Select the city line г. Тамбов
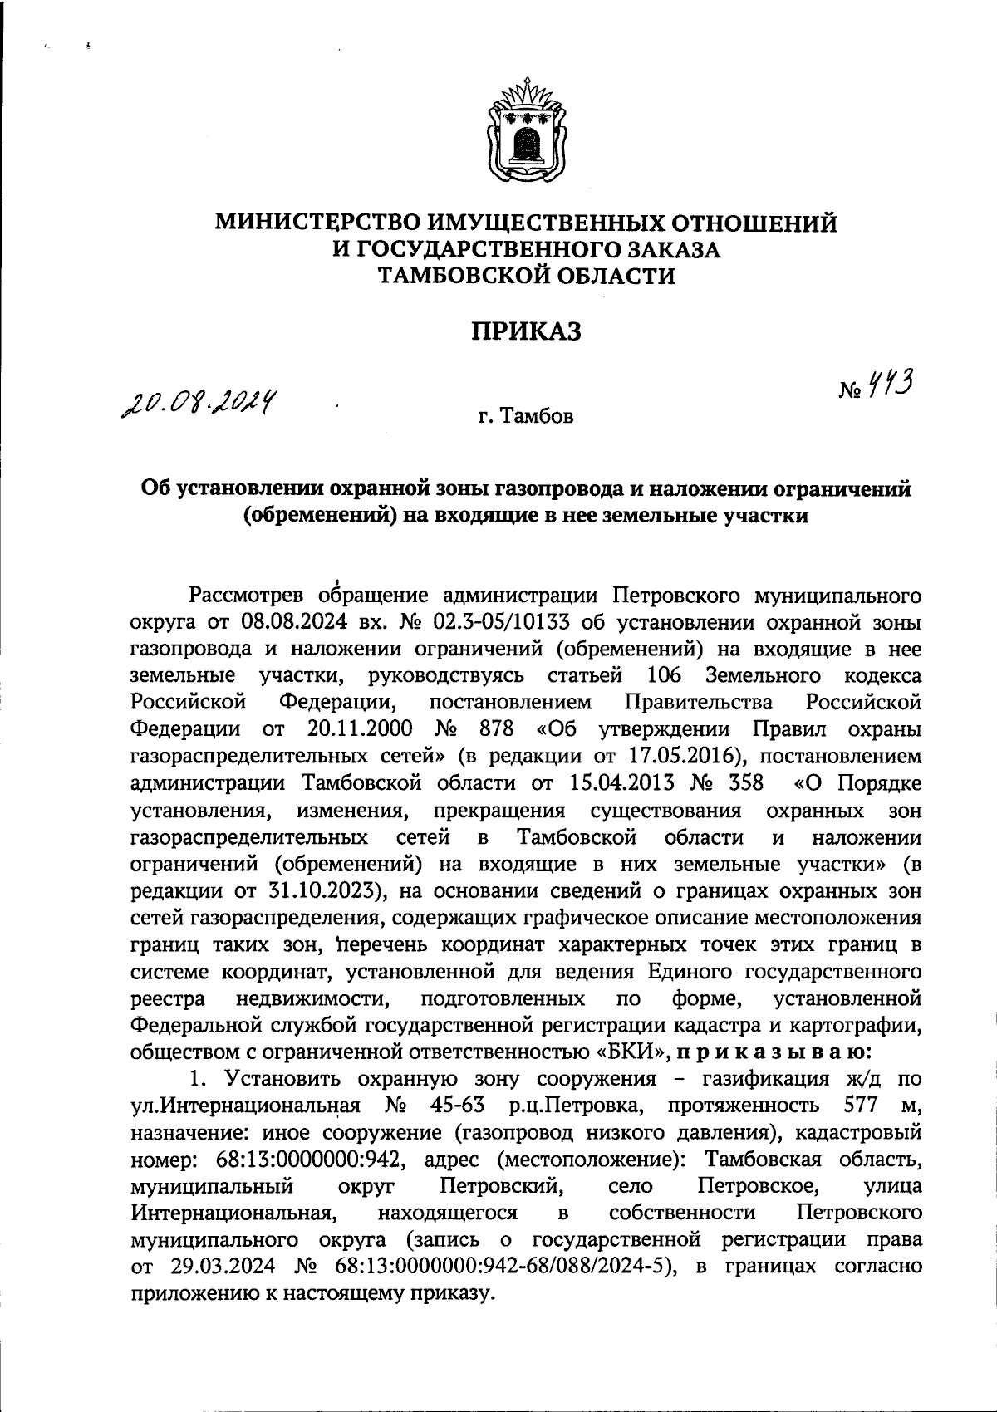click(x=525, y=416)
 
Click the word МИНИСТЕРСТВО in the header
click(x=318, y=223)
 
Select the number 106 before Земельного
click(x=662, y=675)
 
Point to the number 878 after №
click(x=497, y=729)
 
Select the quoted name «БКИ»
click(x=633, y=1051)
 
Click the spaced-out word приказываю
click(x=771, y=1051)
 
